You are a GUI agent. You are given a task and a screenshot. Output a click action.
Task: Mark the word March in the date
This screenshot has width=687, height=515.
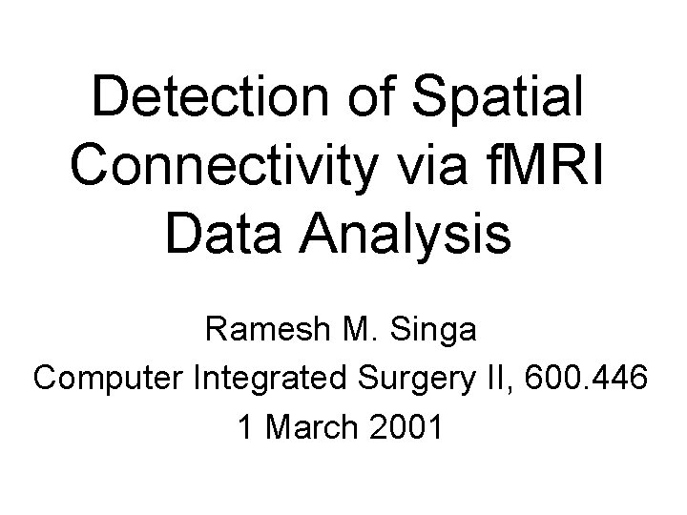[x=309, y=426]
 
